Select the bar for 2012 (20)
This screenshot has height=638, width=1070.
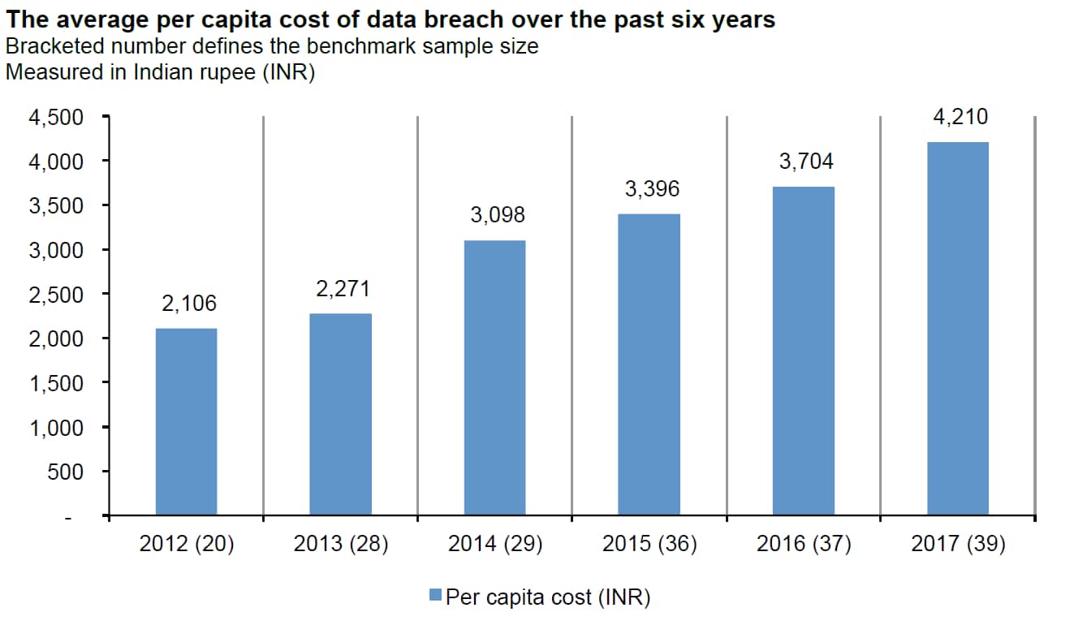[186, 421]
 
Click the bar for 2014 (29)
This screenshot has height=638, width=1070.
[494, 377]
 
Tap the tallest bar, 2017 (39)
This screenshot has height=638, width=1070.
[958, 328]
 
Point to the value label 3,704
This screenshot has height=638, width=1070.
[806, 162]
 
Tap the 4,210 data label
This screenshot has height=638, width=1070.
[960, 118]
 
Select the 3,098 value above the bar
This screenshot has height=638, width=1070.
[498, 215]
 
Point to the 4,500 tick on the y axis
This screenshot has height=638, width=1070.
[56, 119]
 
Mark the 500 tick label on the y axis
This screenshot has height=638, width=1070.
[67, 472]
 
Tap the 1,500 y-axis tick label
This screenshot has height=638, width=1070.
[56, 383]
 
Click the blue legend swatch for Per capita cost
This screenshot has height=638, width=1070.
[435, 597]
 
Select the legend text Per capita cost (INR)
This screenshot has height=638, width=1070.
[548, 597]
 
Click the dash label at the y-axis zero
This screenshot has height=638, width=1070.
[70, 516]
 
